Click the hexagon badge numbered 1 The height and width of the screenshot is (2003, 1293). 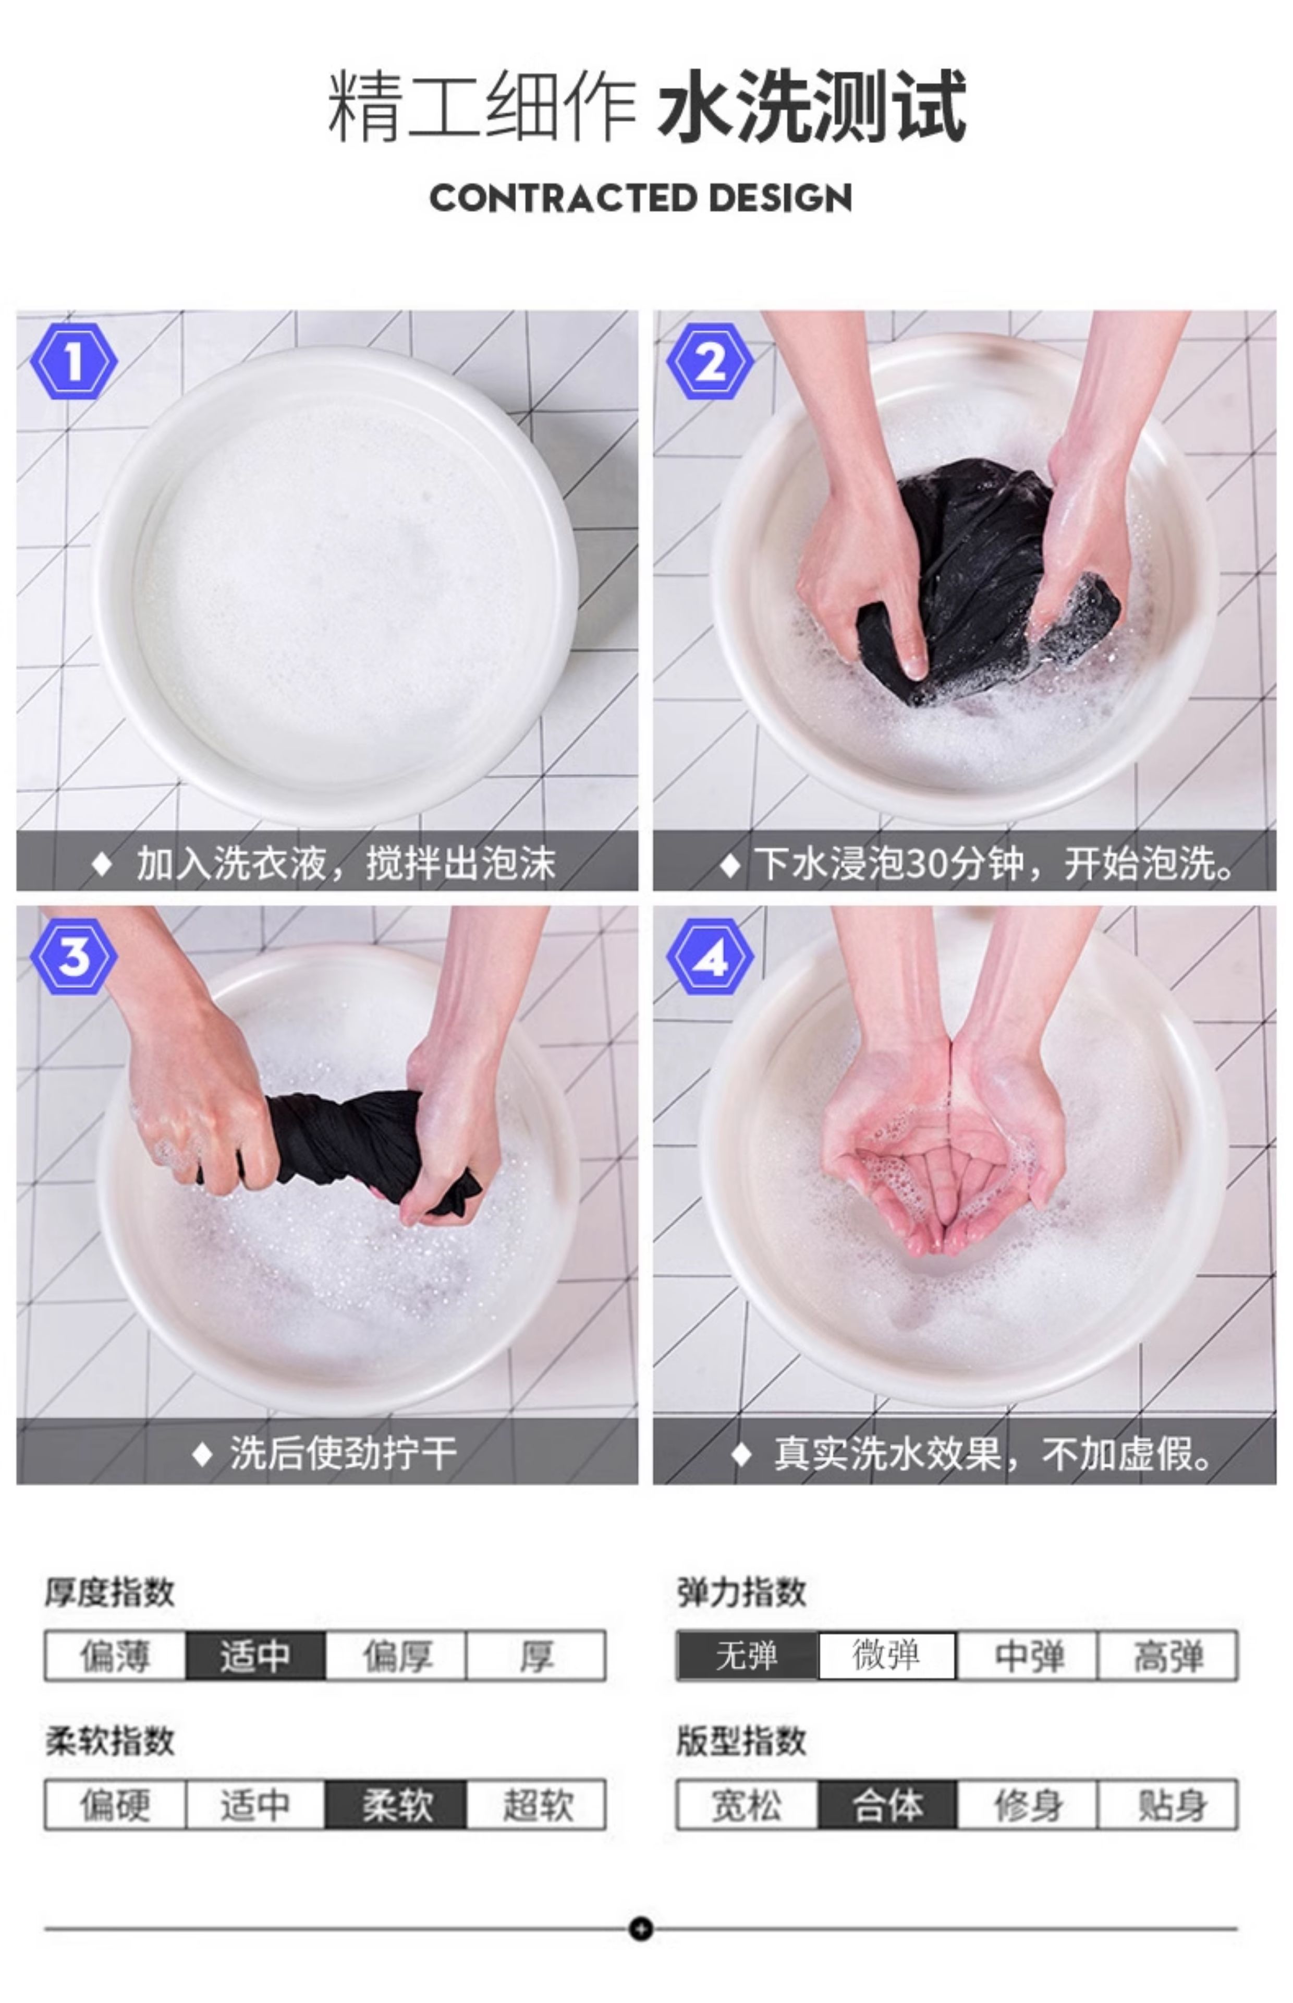tap(74, 362)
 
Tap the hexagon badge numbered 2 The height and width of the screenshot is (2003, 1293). tap(710, 362)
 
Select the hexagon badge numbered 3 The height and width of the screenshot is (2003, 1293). tap(74, 957)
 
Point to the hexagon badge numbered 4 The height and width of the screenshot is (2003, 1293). tap(710, 957)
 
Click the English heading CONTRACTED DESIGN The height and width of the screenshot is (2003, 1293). tap(641, 198)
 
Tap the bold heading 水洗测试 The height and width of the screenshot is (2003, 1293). tap(812, 106)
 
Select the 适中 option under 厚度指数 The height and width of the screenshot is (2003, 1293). tap(255, 1655)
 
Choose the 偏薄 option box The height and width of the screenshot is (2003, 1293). tap(115, 1655)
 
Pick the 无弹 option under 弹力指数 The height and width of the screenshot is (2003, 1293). tap(747, 1655)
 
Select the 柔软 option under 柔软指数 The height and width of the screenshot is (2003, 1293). tap(395, 1804)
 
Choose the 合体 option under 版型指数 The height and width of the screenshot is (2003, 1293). tap(887, 1804)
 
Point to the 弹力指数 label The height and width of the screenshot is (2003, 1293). tap(741, 1591)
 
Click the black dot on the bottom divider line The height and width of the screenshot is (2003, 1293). tap(641, 1929)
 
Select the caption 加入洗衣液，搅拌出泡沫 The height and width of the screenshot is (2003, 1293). tap(346, 863)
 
